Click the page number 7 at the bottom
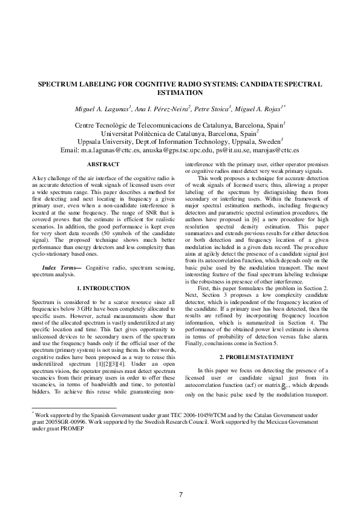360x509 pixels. pos(180,495)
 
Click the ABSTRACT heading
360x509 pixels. pos(103,164)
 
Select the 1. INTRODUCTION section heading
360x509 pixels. pos(103,288)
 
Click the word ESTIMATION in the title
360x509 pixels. pos(180,94)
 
